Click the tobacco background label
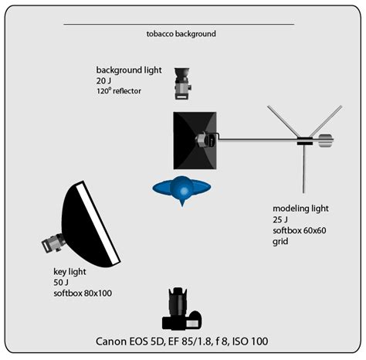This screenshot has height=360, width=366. coord(180,35)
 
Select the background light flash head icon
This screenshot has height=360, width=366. coord(182,85)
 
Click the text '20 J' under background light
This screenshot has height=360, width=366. coord(105,80)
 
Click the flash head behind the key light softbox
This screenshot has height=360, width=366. coord(52,243)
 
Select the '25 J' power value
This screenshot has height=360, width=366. coord(280,220)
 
